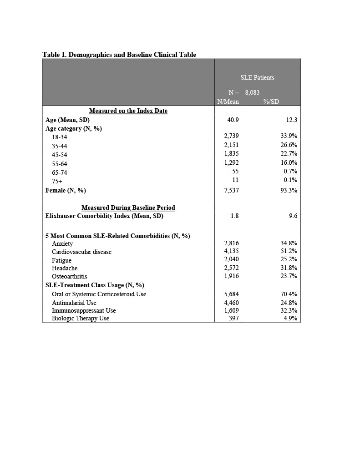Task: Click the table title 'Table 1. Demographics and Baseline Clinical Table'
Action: [x=119, y=55]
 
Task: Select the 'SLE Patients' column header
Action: [x=257, y=77]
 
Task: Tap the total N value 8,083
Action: [x=252, y=92]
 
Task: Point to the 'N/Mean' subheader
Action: [x=228, y=101]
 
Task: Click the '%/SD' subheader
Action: [x=271, y=101]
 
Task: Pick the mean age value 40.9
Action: [x=233, y=120]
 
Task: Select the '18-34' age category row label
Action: [x=59, y=137]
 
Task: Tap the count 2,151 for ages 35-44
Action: [x=231, y=145]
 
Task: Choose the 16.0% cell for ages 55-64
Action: [x=289, y=162]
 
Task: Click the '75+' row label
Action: [x=57, y=181]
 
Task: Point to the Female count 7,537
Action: [x=231, y=190]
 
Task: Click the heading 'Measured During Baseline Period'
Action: [x=128, y=208]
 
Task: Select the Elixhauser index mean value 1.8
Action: [x=234, y=216]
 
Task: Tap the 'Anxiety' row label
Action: [x=62, y=243]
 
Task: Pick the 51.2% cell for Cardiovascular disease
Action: [x=289, y=251]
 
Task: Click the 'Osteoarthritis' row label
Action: [x=70, y=276]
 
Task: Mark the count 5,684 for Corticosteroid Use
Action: [x=231, y=294]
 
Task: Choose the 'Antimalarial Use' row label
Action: [x=74, y=303]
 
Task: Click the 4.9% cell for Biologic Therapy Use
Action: [x=290, y=319]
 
